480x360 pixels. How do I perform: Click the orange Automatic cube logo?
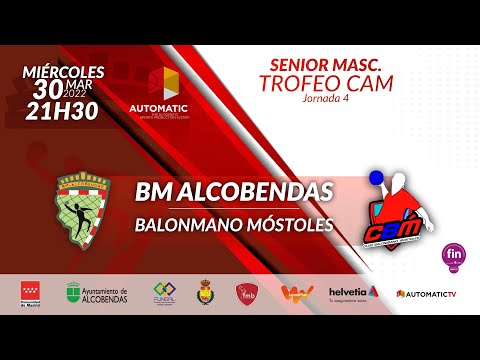tap(163, 84)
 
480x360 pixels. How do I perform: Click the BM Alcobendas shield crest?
tap(88, 206)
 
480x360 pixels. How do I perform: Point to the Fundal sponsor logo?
tap(164, 293)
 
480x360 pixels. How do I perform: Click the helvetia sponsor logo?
tap(354, 293)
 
